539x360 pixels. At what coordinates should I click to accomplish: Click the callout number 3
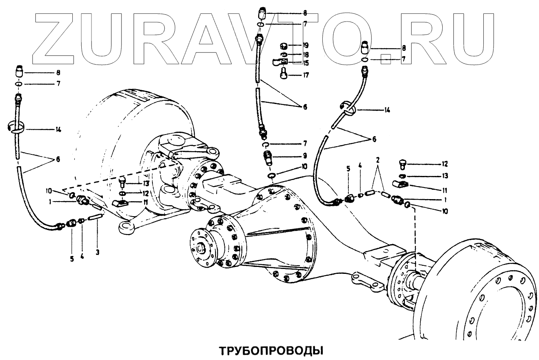[97, 252]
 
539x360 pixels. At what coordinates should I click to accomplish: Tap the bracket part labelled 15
[280, 63]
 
